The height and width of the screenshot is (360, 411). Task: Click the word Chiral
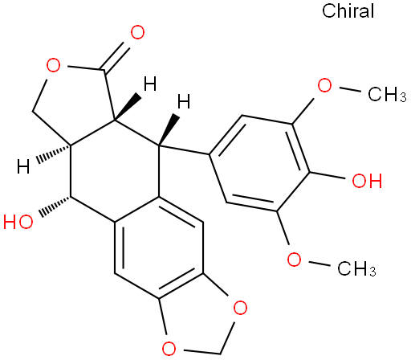[x=348, y=11]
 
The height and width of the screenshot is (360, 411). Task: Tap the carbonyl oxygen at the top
[x=137, y=32]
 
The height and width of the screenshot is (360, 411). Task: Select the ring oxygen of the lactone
[x=53, y=65]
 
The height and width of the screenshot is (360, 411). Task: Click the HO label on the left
[x=18, y=222]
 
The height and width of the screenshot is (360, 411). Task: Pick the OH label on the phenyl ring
[x=367, y=180]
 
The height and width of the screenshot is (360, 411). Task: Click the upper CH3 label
[x=387, y=94]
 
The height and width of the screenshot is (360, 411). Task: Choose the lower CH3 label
[x=356, y=268]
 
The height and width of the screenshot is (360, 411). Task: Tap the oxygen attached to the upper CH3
[x=324, y=85]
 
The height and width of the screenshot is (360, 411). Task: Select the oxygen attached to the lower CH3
[x=294, y=260]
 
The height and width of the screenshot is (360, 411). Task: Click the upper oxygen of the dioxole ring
[x=240, y=308]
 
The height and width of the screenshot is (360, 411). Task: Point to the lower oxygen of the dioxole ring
[x=169, y=348]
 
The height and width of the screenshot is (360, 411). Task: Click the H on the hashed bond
[x=23, y=166]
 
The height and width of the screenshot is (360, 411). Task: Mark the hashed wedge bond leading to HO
[x=55, y=207]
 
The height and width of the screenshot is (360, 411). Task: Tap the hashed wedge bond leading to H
[x=53, y=153]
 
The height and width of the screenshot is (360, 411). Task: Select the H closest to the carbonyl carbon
[x=150, y=84]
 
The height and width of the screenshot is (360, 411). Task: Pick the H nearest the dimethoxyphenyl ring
[x=184, y=101]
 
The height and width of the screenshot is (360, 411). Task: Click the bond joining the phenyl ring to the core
[x=184, y=150]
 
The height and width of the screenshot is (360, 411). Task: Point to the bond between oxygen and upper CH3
[x=350, y=89]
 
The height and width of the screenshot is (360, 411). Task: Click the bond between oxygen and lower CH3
[x=319, y=264]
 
